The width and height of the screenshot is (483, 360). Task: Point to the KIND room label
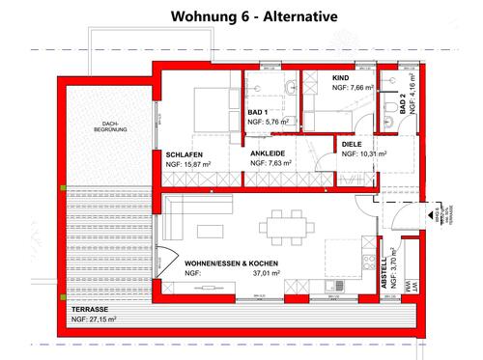(x=339, y=76)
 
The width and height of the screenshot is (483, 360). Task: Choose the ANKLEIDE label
(x=267, y=153)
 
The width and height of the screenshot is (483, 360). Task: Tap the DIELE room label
(x=354, y=143)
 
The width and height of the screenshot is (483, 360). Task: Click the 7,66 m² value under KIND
(x=357, y=87)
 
